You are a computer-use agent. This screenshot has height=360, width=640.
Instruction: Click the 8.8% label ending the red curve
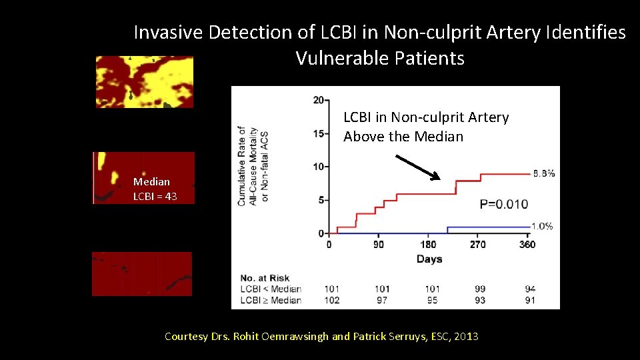click(x=544, y=174)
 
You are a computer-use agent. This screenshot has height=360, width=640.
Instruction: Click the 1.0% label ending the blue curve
click(x=542, y=227)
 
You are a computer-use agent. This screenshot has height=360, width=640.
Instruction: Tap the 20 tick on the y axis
click(x=319, y=101)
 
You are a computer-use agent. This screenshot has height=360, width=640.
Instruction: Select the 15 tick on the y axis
click(x=319, y=133)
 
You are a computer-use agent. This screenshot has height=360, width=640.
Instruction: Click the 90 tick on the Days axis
click(x=379, y=245)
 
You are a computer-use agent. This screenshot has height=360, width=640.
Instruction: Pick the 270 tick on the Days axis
click(x=478, y=245)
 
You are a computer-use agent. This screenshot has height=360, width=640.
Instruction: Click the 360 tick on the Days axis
click(x=527, y=245)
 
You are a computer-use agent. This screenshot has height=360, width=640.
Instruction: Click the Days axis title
click(x=429, y=259)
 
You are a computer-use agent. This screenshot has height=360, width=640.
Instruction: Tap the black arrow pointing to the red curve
click(x=419, y=167)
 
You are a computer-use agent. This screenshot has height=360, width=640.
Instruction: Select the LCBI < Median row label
click(x=270, y=289)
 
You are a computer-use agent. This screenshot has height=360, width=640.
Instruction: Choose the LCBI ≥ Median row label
click(x=270, y=300)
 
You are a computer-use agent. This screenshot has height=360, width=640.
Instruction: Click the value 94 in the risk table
click(x=529, y=289)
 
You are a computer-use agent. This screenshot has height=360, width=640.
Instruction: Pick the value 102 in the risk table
click(x=331, y=300)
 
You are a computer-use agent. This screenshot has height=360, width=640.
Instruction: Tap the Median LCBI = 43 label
click(x=155, y=189)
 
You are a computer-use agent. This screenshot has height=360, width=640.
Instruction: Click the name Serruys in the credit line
click(x=413, y=337)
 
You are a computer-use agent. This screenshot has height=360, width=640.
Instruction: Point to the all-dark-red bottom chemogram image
click(x=141, y=273)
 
